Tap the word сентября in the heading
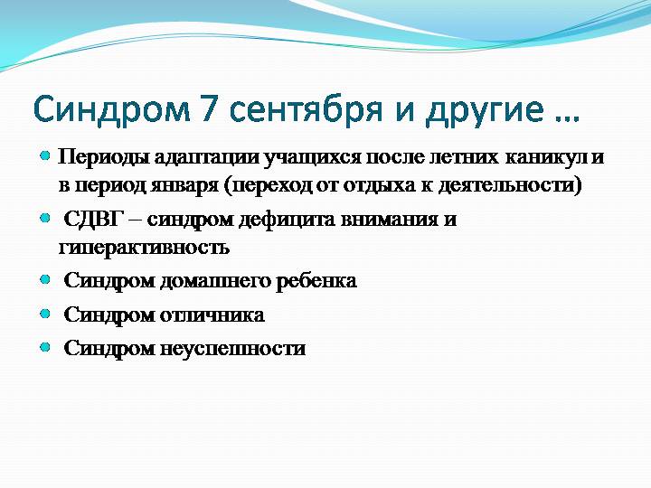click(306, 111)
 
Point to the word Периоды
click(104, 158)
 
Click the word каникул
click(546, 157)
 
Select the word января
click(184, 186)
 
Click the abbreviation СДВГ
click(95, 219)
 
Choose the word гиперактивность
click(144, 248)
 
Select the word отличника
click(212, 315)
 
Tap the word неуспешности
click(233, 349)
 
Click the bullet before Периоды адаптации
click(45, 156)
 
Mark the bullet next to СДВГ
click(45, 219)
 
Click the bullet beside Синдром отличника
click(45, 314)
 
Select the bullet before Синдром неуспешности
click(45, 347)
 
